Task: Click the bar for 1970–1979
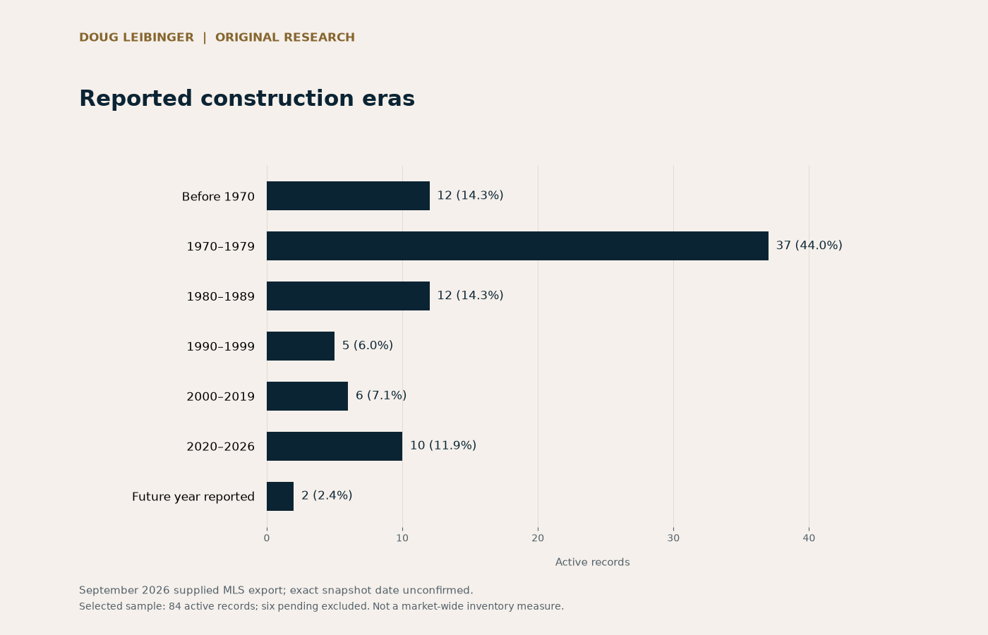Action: coord(517,246)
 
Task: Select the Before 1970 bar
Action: coord(348,196)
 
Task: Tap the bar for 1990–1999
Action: coord(301,346)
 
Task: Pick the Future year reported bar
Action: coord(280,496)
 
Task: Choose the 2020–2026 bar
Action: coord(335,446)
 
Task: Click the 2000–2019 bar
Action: coord(307,396)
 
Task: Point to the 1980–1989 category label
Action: coord(220,296)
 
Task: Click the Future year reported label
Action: coord(193,497)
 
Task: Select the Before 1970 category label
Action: coord(218,196)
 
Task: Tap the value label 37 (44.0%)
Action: coord(809,246)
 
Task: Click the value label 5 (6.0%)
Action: coord(368,345)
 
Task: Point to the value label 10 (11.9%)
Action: coord(443,445)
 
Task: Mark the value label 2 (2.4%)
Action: coord(327,495)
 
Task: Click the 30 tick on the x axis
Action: coord(673,538)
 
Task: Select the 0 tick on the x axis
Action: coord(267,538)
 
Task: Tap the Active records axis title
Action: coord(592,562)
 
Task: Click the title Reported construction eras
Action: coord(247,98)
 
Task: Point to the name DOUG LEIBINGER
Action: coord(137,37)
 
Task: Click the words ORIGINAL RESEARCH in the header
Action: coord(285,37)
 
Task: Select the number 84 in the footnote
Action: coord(175,606)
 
